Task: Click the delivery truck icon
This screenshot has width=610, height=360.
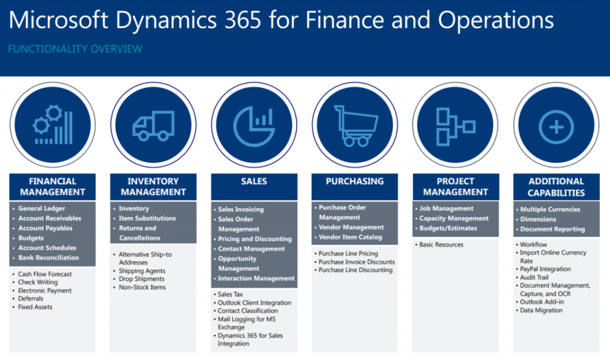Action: click(x=153, y=126)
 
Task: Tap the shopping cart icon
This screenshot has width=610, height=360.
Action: click(x=355, y=126)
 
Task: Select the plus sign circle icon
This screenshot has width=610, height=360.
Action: click(x=556, y=127)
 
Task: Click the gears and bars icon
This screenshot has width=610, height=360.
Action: click(x=53, y=124)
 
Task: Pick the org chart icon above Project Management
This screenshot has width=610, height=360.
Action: click(x=456, y=127)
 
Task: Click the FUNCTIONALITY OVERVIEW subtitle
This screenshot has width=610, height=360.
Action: click(x=75, y=49)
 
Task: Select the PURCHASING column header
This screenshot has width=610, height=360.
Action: click(x=355, y=181)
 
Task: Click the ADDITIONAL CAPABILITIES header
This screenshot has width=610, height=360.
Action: click(x=556, y=187)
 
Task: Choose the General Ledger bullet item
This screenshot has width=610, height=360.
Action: click(x=41, y=209)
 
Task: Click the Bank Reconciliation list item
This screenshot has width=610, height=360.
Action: click(x=48, y=258)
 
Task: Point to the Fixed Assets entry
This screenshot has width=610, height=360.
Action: click(x=35, y=307)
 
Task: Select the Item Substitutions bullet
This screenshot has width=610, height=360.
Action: click(x=147, y=218)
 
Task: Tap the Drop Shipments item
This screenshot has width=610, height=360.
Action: click(x=142, y=279)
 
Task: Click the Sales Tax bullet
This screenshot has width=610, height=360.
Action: click(x=230, y=294)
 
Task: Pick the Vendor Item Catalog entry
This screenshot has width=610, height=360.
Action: click(x=350, y=237)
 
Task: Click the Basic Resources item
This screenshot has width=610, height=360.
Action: click(x=441, y=245)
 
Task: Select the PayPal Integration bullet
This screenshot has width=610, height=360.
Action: click(x=545, y=269)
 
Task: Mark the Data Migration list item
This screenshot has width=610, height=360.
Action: click(x=541, y=310)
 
